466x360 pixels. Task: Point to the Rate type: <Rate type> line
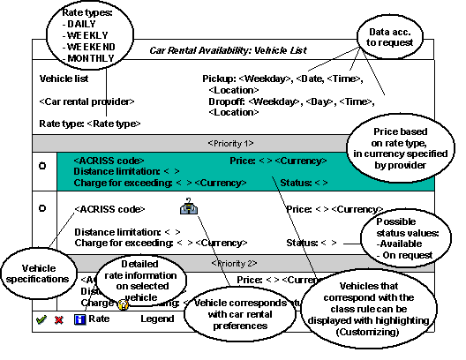90,124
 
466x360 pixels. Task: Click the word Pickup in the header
221,79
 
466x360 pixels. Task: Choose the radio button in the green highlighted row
41,165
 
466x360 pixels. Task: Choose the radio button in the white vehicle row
41,208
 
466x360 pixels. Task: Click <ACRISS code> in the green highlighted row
109,160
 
